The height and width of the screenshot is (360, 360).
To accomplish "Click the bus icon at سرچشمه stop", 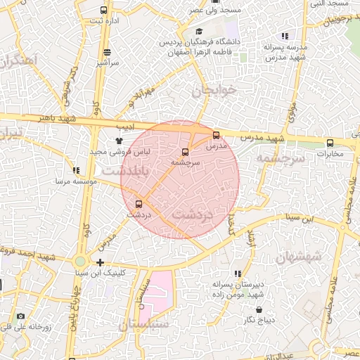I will coord(186,152).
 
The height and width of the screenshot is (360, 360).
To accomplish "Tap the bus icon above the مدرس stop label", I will coord(216,136).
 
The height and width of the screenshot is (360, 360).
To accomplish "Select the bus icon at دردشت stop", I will coord(138,203).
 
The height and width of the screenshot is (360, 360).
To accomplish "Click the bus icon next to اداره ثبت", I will coord(104,11).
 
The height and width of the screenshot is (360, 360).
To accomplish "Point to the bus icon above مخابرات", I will coord(330,143).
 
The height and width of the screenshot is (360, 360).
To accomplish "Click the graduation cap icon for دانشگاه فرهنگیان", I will coord(199,32).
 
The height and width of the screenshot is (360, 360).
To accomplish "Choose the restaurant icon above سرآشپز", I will coord(107,52).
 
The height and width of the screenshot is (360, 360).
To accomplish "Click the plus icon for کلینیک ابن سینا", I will coord(101,262).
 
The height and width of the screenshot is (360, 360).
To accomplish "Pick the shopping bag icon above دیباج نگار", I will coord(259,309).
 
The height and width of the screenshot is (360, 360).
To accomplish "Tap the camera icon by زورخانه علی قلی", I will coord(20,316).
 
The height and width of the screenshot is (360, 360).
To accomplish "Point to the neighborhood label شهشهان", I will coord(298,256).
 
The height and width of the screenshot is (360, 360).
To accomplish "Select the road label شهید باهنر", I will coord(77,120).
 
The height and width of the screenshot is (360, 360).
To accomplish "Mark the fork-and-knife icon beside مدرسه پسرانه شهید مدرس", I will coord(285,35).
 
